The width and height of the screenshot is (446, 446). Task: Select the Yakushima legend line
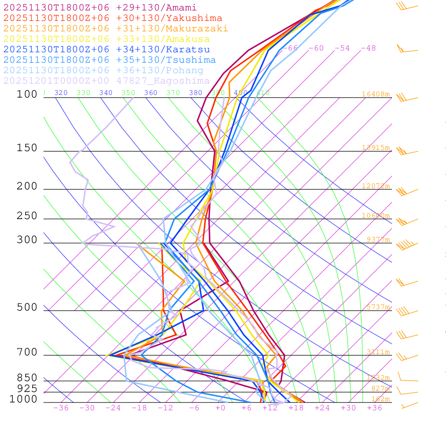(113, 18)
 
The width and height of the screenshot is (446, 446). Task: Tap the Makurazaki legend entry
(115, 29)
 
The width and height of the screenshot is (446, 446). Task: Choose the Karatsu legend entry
(107, 50)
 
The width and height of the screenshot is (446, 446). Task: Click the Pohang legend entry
(104, 71)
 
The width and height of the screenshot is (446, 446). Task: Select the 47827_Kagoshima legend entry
(107, 81)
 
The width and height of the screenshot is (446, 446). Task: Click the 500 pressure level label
(27, 307)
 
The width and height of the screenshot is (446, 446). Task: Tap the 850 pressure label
(27, 378)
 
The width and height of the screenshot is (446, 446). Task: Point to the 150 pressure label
(27, 148)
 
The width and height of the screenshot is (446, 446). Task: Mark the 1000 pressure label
(24, 399)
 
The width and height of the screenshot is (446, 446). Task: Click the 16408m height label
(376, 94)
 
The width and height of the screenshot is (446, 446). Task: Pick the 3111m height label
(378, 352)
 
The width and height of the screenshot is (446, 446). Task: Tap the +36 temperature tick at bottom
(375, 408)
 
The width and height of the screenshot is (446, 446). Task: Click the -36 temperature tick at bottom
(61, 408)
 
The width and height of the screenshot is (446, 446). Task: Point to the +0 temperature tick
(220, 408)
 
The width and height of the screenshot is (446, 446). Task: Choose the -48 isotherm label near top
(368, 48)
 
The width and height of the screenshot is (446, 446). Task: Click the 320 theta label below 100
(61, 93)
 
